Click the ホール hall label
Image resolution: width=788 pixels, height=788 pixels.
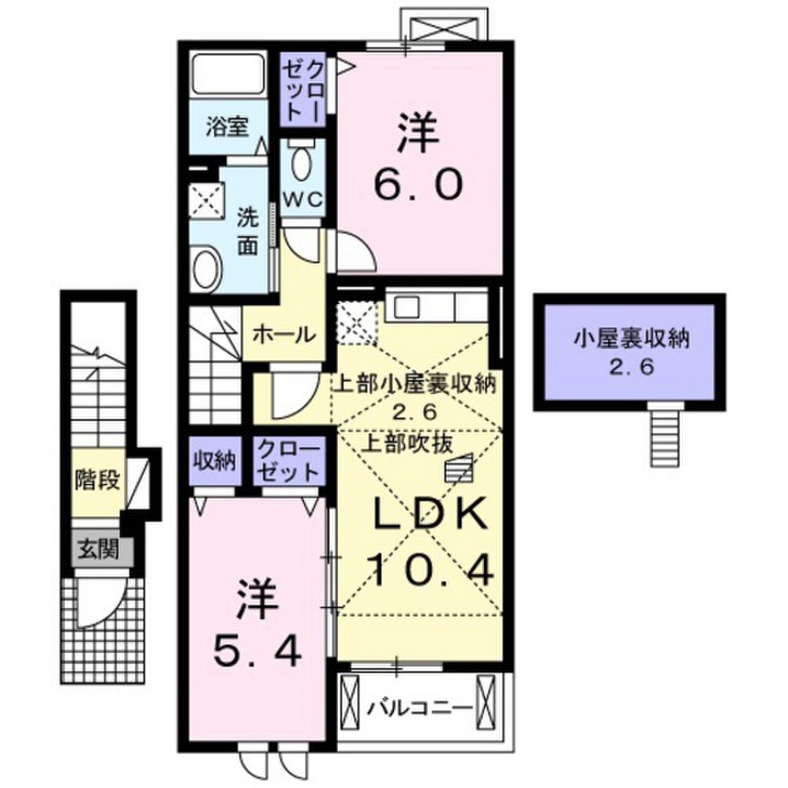pos(284,335)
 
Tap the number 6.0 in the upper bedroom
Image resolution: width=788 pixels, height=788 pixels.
pos(419,185)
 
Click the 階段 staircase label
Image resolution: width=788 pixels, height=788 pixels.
pos(97,481)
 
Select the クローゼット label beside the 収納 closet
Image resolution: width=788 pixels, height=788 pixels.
pos(287,460)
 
